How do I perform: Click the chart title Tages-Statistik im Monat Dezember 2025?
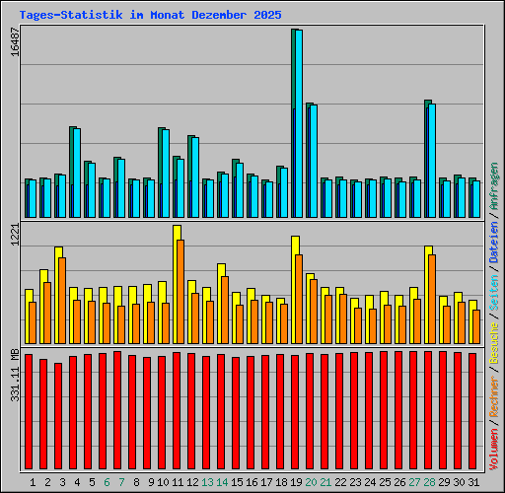click(150, 16)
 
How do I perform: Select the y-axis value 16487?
click(13, 44)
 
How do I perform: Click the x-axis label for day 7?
click(121, 482)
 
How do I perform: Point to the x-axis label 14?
click(222, 482)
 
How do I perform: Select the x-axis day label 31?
click(473, 482)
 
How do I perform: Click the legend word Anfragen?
click(494, 188)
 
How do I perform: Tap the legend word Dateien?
click(494, 242)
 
